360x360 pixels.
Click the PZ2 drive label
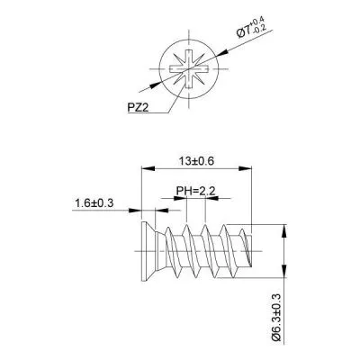139,107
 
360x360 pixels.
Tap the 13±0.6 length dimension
196,161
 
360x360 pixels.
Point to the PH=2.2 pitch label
195,191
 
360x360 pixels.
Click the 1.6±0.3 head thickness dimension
94,203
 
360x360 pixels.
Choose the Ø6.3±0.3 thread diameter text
276,317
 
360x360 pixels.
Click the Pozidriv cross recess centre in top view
189,69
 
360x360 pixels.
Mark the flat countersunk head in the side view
148,251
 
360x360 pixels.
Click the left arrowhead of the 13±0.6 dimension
148,168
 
